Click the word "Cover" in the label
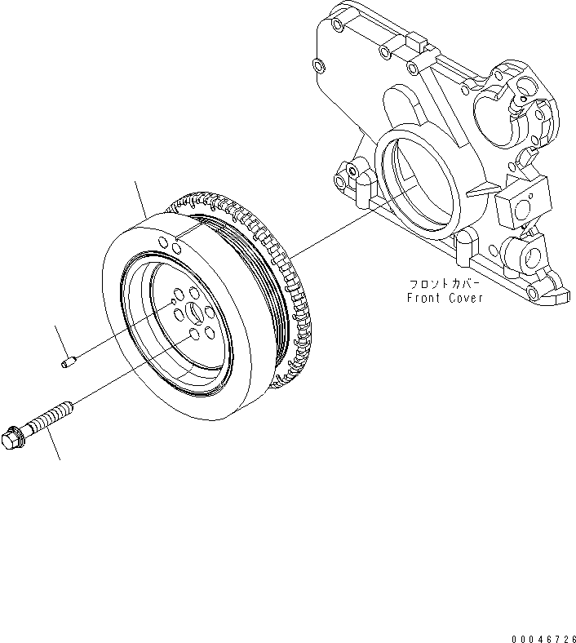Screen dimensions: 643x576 tap(467, 298)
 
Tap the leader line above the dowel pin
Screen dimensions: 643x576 tap(60, 339)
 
